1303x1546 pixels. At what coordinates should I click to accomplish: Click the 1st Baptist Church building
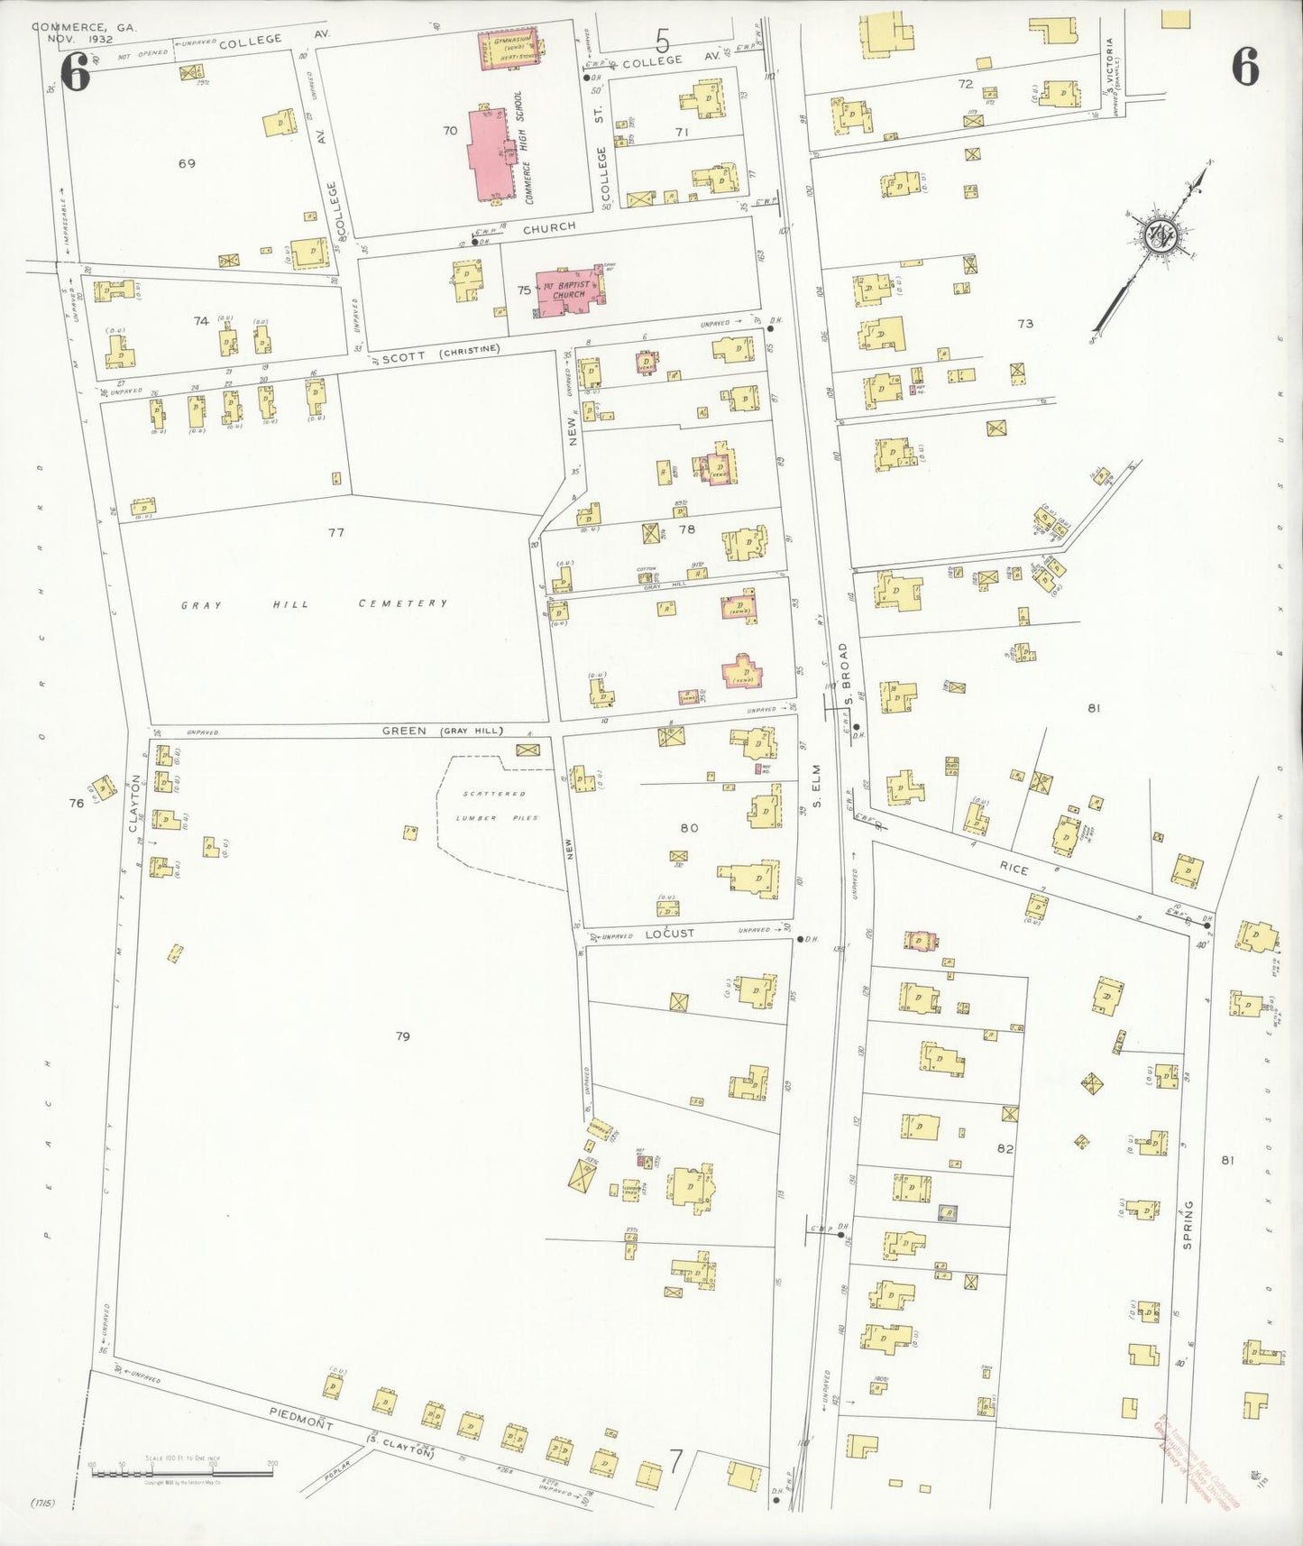coord(569,290)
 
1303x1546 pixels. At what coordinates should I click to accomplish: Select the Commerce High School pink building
coord(492,153)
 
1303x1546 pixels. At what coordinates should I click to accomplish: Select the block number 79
coord(403,1036)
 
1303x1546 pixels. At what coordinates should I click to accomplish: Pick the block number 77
coord(336,532)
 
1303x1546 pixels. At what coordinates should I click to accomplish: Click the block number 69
coord(187,163)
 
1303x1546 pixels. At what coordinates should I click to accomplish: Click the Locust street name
coord(669,934)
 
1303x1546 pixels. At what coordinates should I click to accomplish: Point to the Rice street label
coord(1014,868)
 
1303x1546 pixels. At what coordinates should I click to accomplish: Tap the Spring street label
coord(1188,1223)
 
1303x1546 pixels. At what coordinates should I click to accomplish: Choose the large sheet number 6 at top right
coord(1245,68)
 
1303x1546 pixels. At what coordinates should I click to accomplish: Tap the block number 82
coord(1005,1148)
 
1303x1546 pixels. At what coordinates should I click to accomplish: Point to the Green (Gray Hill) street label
coord(442,731)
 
